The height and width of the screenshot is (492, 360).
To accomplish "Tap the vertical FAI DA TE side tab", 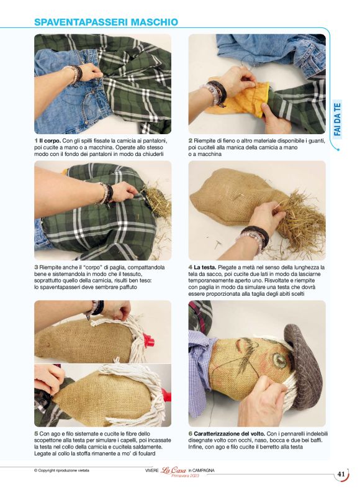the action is click(x=338, y=119).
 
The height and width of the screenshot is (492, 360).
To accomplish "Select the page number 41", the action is click(x=341, y=474).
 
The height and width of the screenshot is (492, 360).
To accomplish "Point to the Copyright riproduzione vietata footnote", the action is click(x=62, y=470).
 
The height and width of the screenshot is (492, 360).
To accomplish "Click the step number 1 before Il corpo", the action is click(x=36, y=140).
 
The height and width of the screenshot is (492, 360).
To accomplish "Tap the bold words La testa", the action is click(x=205, y=267).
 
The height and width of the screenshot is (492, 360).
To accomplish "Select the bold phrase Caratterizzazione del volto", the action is click(x=230, y=434).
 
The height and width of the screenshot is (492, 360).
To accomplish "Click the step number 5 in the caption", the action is click(x=36, y=434).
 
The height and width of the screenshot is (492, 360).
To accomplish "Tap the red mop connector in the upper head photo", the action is click(x=146, y=339).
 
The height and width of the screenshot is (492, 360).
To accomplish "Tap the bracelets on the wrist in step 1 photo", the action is click(x=75, y=74).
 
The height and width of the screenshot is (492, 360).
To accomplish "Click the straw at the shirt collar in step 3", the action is click(x=157, y=201).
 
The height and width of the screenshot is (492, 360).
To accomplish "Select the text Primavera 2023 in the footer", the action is click(x=186, y=475).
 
